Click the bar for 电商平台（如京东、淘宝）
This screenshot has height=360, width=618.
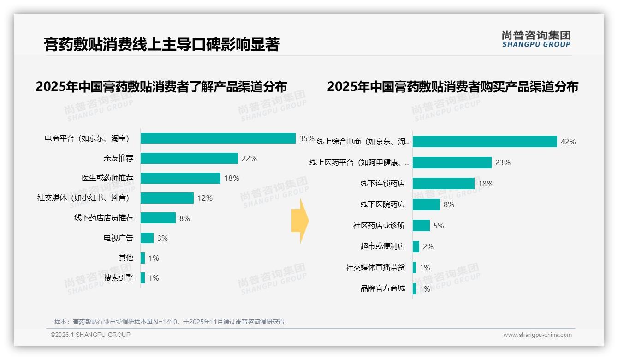tap(218, 138)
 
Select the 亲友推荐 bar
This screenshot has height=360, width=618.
tap(189, 158)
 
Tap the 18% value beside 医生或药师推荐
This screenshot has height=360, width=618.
tap(232, 178)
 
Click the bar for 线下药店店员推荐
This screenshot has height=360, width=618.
tap(158, 218)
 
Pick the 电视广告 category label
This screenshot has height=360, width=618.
tap(119, 238)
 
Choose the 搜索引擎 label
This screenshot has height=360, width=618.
tap(119, 278)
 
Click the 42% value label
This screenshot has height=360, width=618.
tap(568, 142)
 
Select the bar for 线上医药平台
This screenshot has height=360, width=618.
tap(452, 162)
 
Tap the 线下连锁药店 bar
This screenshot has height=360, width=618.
tap(444, 184)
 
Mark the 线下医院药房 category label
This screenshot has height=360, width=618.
tap(383, 204)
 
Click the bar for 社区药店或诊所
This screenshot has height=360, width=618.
tap(422, 226)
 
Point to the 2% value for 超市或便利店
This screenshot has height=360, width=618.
tap(428, 246)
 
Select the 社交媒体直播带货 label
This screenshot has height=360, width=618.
tap(375, 268)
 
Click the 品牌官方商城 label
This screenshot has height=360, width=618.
tap(383, 288)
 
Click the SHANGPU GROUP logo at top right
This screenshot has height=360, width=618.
tap(536, 39)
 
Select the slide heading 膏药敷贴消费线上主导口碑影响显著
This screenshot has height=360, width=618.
tap(162, 44)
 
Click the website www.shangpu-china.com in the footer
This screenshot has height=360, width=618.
tap(537, 335)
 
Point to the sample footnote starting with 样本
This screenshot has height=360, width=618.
tap(169, 322)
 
